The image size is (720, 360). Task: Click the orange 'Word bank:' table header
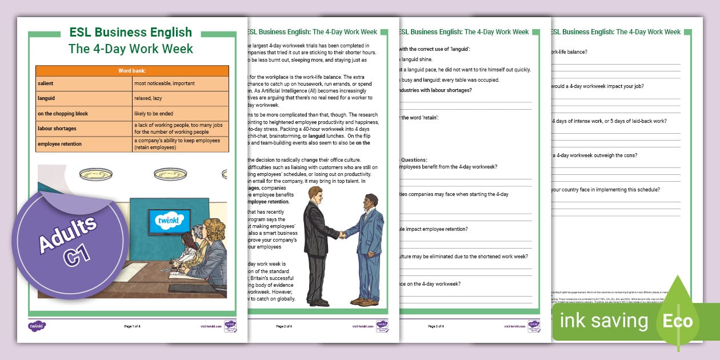pos(132,71)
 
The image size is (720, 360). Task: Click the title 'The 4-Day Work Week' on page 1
pos(131,49)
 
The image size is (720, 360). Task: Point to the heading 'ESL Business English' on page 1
pos(131,33)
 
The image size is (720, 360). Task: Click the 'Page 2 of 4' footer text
pos(284,326)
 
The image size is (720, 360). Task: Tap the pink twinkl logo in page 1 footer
pos(37,326)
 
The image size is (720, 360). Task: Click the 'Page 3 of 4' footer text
pos(437,326)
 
